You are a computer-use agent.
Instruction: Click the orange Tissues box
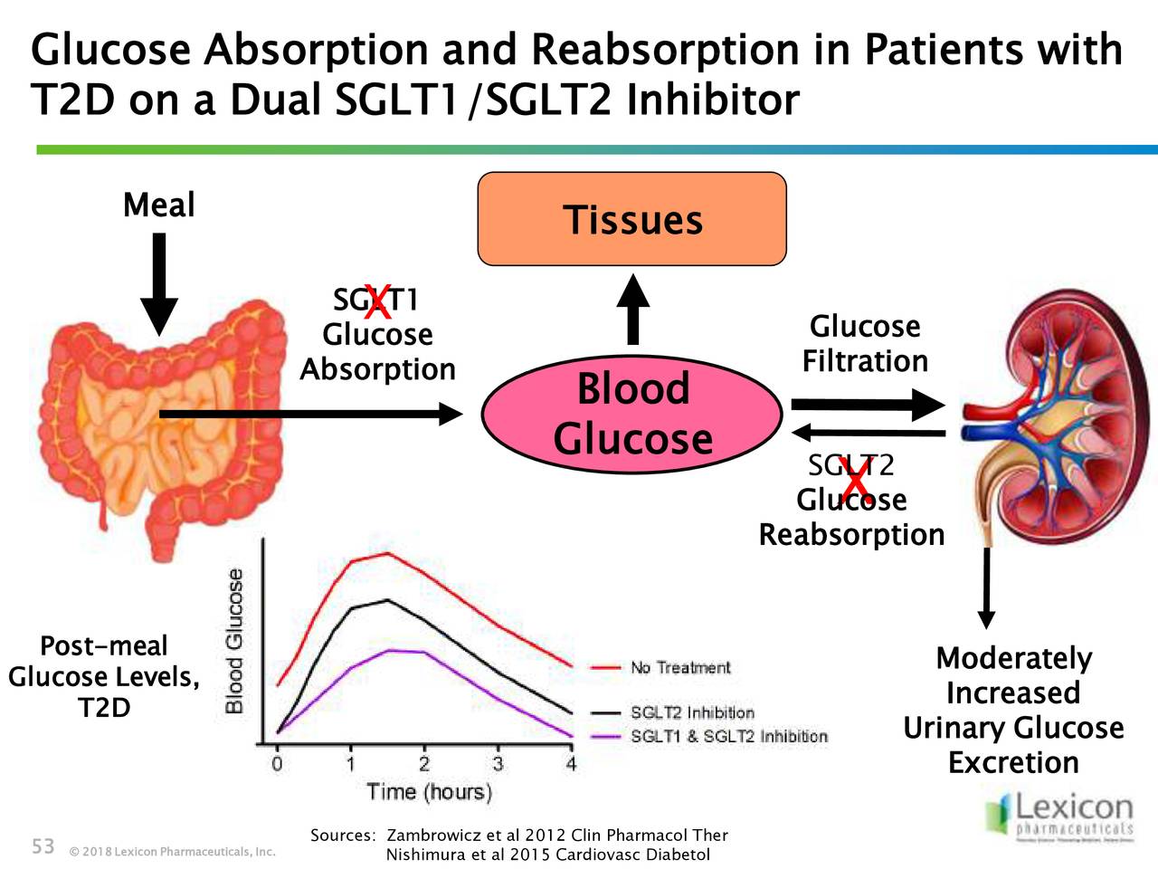pos(631,219)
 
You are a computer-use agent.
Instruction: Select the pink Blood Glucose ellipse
pos(631,414)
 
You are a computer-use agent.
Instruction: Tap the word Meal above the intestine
pos(158,205)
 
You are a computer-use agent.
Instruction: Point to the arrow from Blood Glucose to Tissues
pos(632,310)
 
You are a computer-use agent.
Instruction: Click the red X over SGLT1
pos(377,301)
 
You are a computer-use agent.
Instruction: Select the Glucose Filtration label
pos(865,343)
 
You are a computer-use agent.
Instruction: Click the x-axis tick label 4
pos(571,764)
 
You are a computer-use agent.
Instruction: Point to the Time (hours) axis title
pos(430,792)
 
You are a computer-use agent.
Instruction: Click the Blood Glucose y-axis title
pos(234,641)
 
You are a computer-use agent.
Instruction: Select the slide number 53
pos(43,846)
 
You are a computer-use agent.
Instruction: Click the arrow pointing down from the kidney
pos(986,588)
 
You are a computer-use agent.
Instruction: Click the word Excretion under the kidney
pos(1013,762)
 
